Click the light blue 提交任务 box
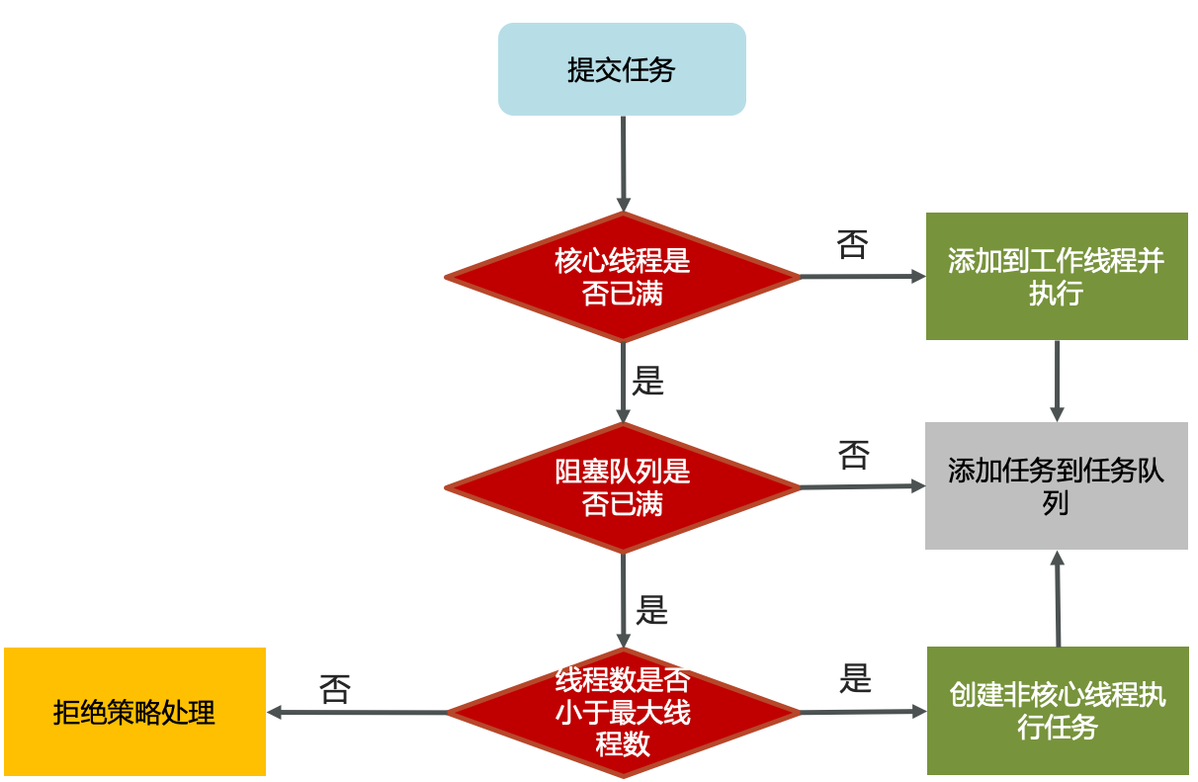click(x=622, y=69)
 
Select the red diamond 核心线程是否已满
click(x=623, y=278)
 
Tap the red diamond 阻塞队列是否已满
click(x=623, y=487)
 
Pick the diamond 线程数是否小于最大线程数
click(x=623, y=712)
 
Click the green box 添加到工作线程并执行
click(x=1057, y=277)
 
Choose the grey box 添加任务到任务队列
click(x=1057, y=485)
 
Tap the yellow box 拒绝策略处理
click(x=134, y=712)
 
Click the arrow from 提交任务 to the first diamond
click(x=623, y=163)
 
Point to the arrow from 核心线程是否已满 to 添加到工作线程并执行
click(x=862, y=277)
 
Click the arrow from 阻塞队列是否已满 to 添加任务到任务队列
click(x=862, y=486)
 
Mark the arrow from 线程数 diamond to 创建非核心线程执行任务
click(x=863, y=712)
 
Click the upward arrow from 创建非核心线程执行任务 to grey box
click(x=1058, y=599)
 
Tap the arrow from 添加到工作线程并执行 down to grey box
click(x=1057, y=381)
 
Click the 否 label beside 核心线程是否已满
click(x=852, y=243)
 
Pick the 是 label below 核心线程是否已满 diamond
click(x=647, y=382)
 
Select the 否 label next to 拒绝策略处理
click(x=335, y=688)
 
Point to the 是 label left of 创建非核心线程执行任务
click(x=855, y=678)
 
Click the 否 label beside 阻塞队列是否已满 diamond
click(x=853, y=455)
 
